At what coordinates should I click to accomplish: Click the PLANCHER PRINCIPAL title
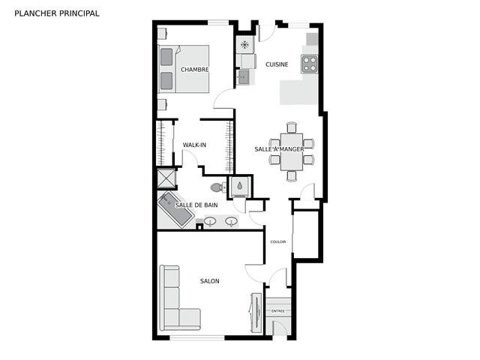point(57,13)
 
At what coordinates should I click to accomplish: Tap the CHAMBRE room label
point(195,70)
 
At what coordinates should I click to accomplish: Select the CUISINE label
point(277,64)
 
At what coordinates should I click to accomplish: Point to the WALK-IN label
point(194,145)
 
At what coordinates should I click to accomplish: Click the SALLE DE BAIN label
point(196,205)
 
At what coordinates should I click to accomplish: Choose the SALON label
point(210,281)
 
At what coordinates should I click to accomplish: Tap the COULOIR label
point(278,241)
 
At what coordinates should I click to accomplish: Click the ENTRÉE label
point(278,311)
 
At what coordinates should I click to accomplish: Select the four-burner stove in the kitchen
point(309,64)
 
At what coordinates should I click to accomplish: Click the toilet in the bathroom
point(218,187)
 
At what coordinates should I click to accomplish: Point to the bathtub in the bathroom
point(176,210)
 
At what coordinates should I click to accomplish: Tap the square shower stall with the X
point(166,178)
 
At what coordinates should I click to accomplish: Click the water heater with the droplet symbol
point(239,185)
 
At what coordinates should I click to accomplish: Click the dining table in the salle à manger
point(292,151)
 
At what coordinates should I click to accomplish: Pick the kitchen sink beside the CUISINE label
point(244,76)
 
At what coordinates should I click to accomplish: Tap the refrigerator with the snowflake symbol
point(245,45)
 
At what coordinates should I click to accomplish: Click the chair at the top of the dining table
point(292,127)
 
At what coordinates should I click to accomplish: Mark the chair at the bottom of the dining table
point(292,176)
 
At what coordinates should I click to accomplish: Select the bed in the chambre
point(183,69)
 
